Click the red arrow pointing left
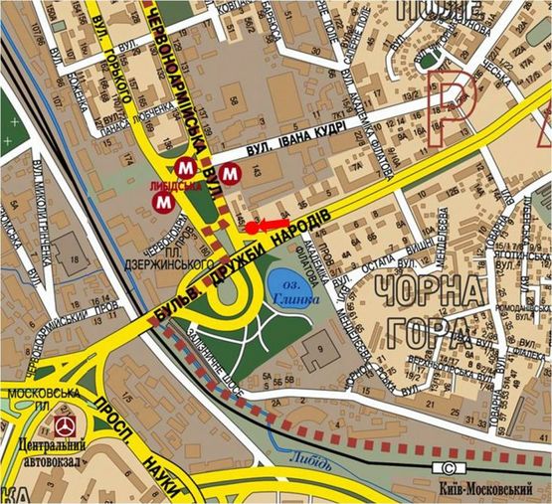pos(272,226)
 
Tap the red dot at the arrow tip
pos(252,228)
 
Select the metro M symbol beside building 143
pos(231,173)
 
